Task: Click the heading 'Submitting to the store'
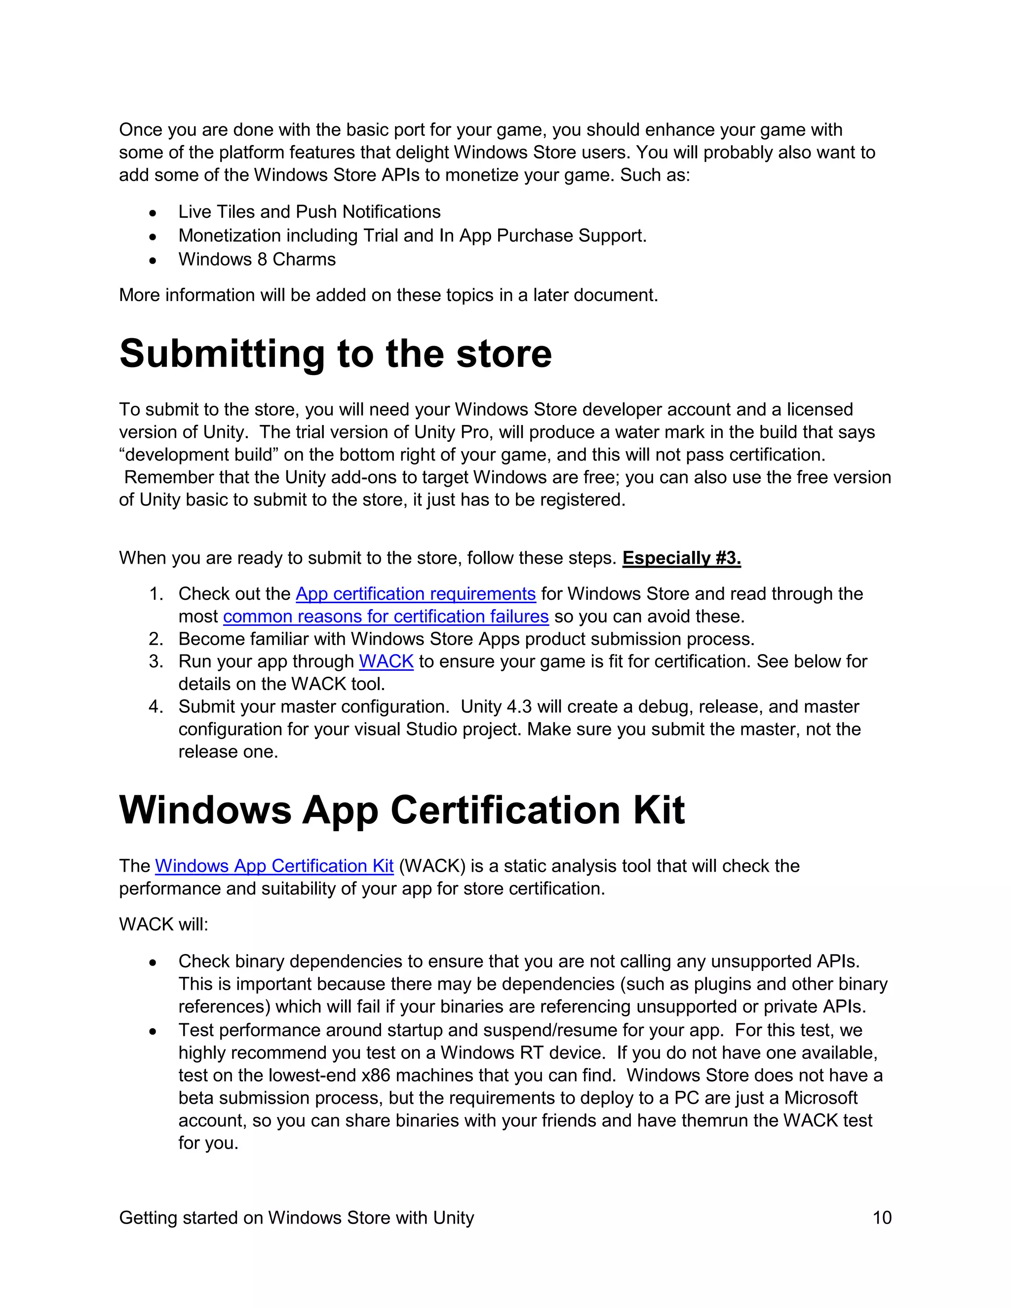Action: pos(335,354)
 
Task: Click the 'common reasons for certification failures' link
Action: pos(386,616)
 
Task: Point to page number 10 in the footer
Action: pos(882,1218)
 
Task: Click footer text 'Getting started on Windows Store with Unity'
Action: pos(297,1218)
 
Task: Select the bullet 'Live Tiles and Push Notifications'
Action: pos(309,212)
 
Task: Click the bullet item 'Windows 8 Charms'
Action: pos(256,259)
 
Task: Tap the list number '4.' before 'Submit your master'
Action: pos(156,707)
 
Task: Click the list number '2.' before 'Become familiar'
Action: pos(156,639)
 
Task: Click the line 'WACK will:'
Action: pos(163,924)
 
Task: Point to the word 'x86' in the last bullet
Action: pos(376,1076)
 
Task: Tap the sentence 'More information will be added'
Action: pos(388,295)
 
